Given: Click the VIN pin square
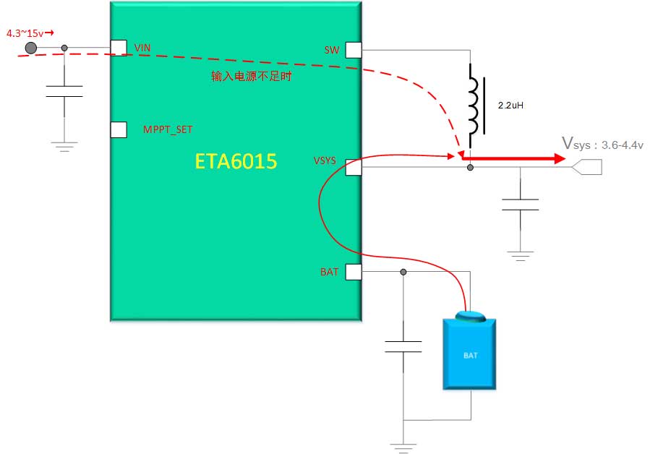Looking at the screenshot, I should [119, 48].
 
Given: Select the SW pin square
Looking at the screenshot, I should [353, 49].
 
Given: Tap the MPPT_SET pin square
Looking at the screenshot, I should [119, 129].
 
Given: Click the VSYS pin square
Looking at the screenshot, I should [353, 168].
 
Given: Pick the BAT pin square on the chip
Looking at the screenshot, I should [353, 272].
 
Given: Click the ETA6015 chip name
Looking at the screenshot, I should [236, 161].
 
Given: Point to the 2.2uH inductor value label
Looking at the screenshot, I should [510, 106].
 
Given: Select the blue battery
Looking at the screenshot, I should [469, 353].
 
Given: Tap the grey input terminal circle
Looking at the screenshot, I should [31, 48].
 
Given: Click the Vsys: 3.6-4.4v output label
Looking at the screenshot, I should [602, 144].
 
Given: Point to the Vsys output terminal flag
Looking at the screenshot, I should [586, 168].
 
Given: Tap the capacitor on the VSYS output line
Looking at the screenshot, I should [520, 204].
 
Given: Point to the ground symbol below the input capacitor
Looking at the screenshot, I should [64, 147].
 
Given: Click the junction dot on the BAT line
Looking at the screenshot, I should [403, 272].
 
